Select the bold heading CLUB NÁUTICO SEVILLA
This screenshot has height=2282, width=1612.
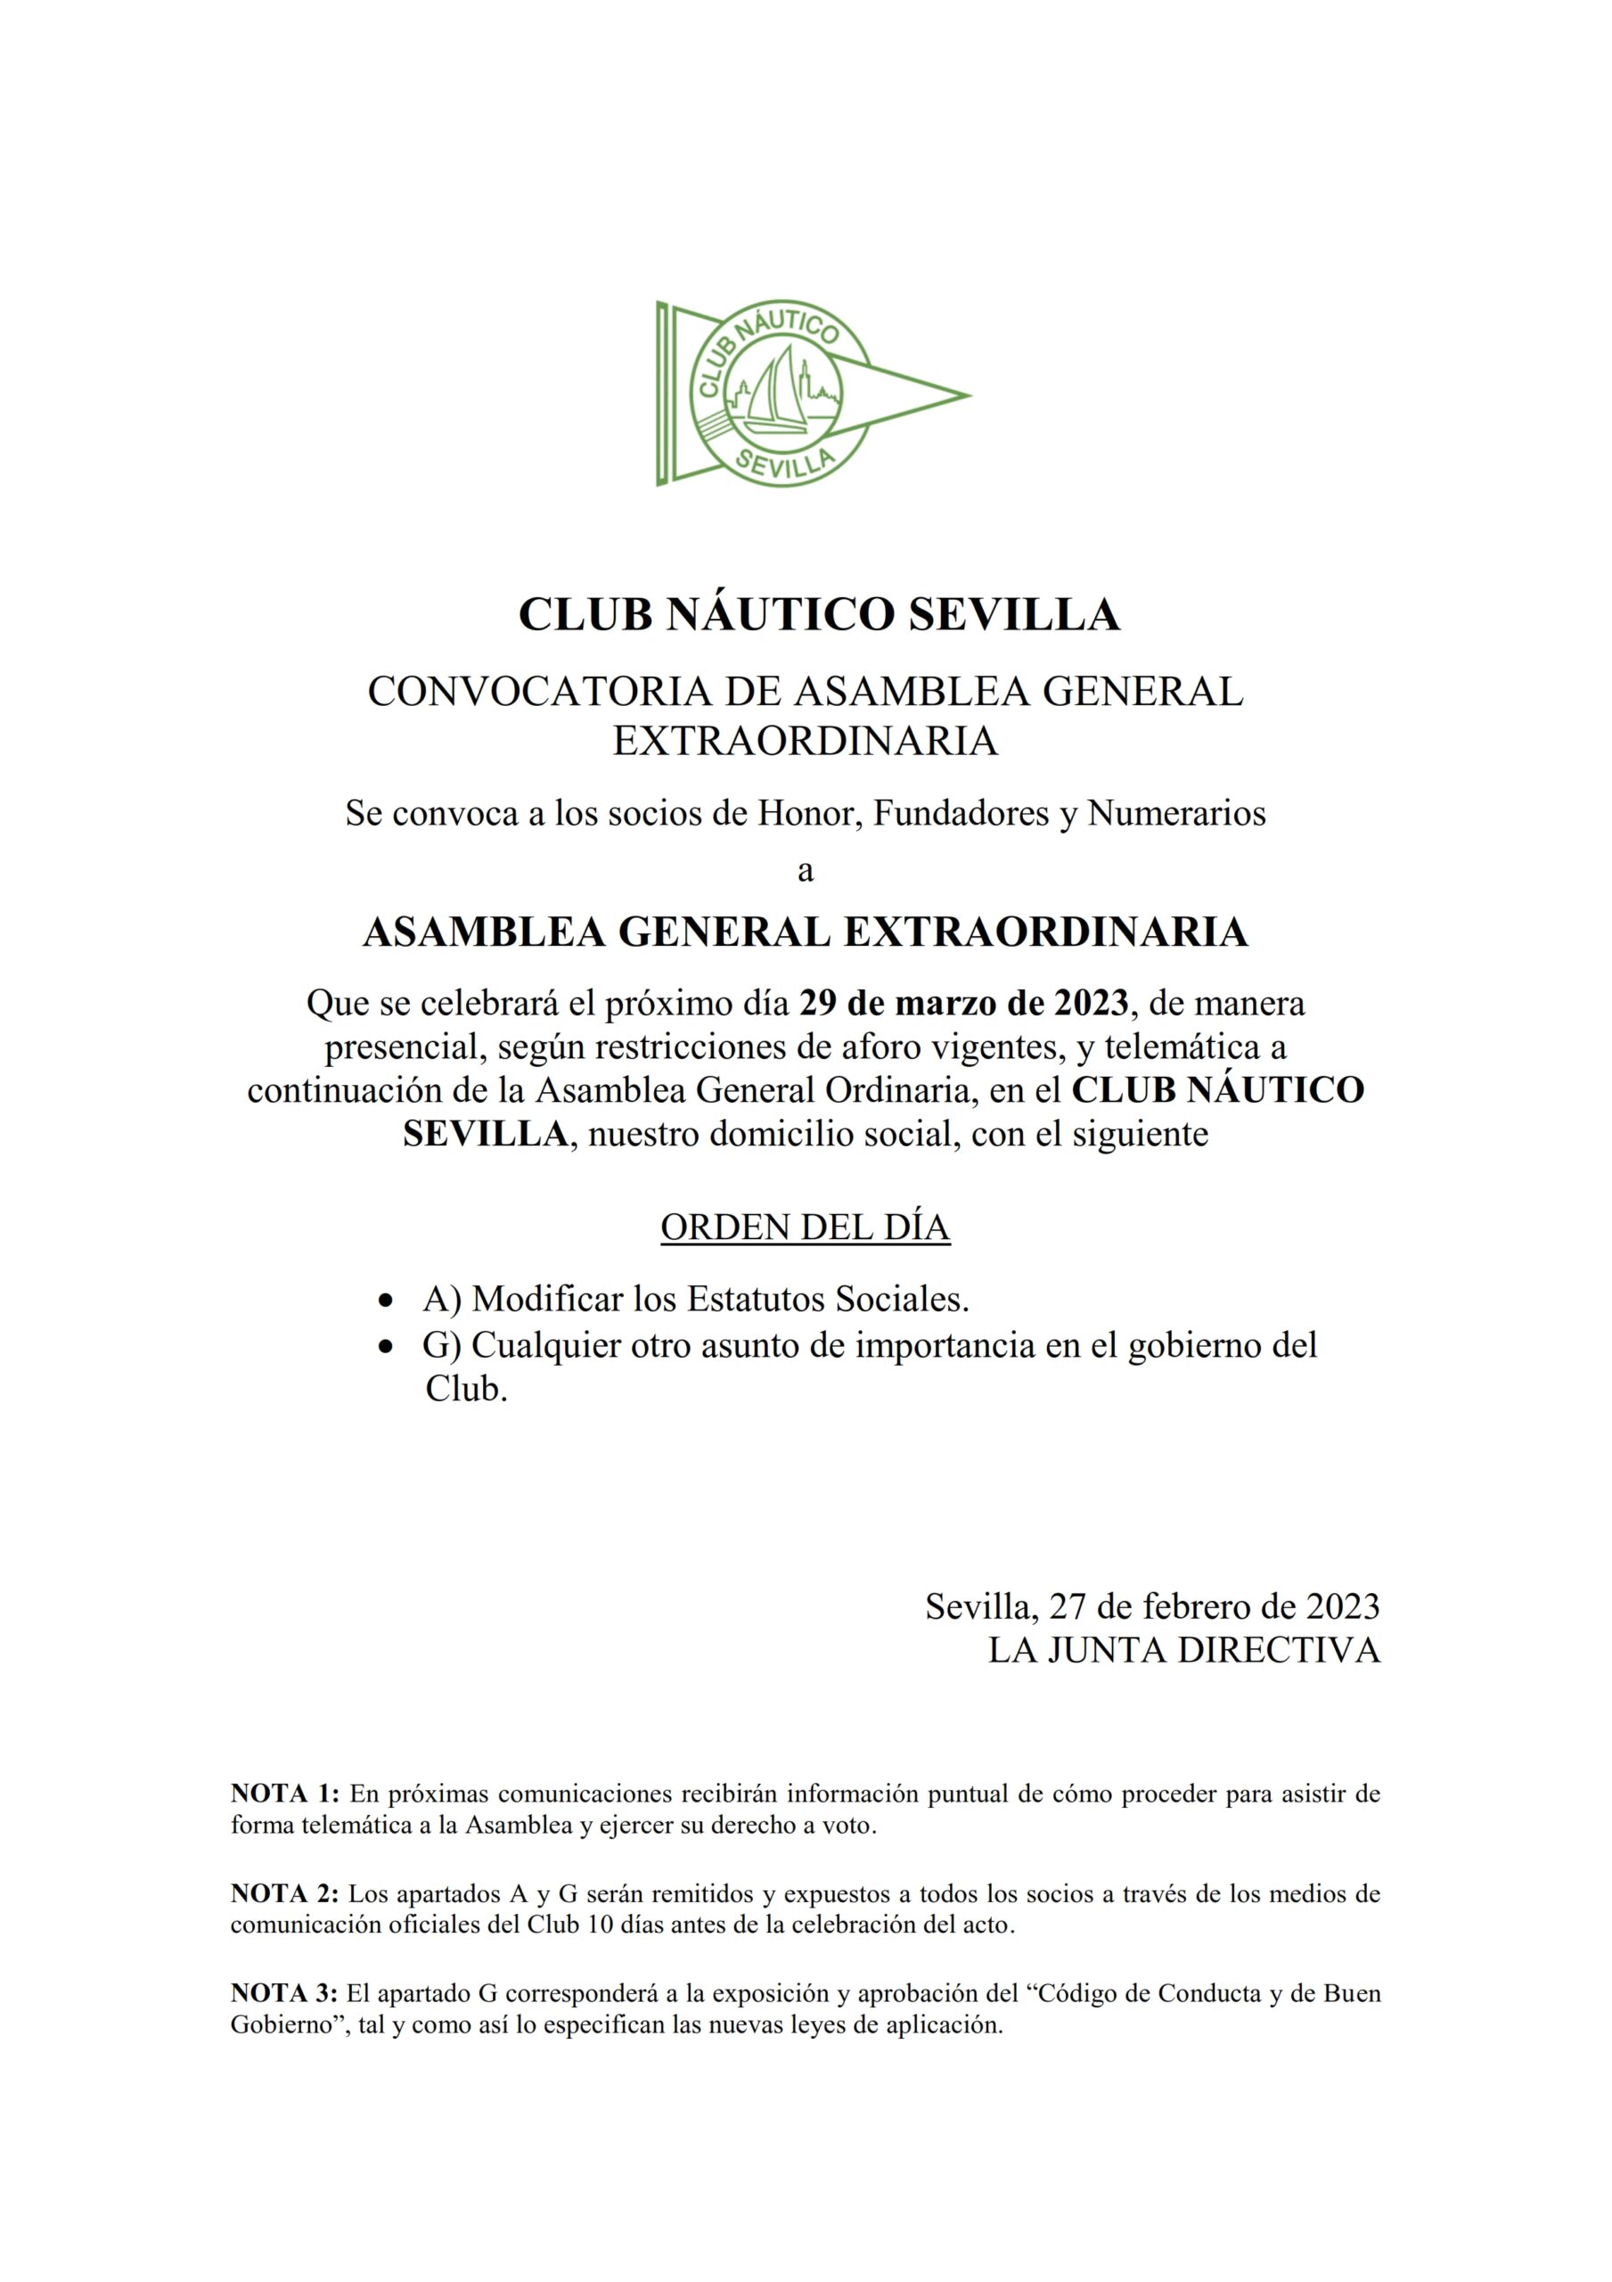pyautogui.click(x=819, y=614)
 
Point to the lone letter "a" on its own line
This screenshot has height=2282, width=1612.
pyautogui.click(x=806, y=871)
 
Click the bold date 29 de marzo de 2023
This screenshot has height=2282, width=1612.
pyautogui.click(x=964, y=1003)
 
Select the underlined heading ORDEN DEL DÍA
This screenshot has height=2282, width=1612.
pyautogui.click(x=805, y=1227)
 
